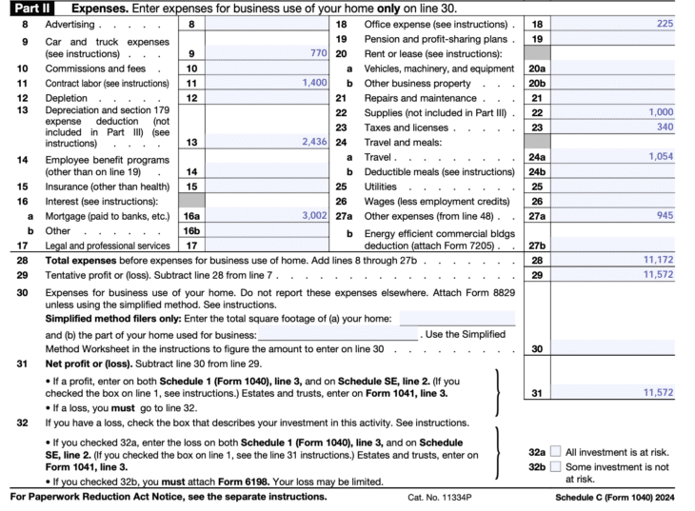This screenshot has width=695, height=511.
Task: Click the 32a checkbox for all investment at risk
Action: [x=556, y=452]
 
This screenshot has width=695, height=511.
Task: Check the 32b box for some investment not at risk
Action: [x=556, y=468]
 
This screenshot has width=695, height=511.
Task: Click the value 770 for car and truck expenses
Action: [x=318, y=54]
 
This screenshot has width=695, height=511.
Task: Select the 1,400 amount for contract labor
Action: [x=314, y=83]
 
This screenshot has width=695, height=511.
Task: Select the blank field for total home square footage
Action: [x=457, y=319]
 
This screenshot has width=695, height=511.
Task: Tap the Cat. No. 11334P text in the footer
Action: [x=439, y=497]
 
